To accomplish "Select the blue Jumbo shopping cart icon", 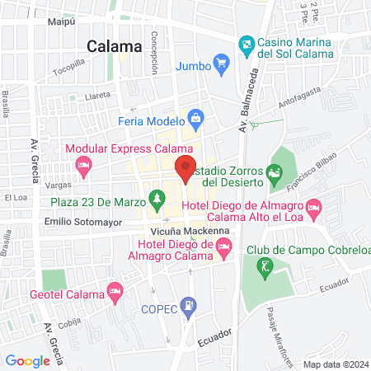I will point(220,62).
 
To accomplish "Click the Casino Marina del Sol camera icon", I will point(245,43).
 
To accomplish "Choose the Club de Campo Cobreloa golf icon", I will point(264,266).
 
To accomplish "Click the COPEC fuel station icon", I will point(190,307).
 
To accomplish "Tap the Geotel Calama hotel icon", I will point(115,292).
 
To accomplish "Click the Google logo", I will point(27,360).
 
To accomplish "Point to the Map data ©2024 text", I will point(335,364).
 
